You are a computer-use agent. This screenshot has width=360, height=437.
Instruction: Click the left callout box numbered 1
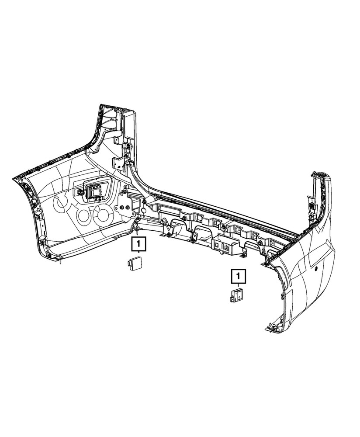[138, 244]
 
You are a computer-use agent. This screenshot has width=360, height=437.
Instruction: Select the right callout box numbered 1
[238, 277]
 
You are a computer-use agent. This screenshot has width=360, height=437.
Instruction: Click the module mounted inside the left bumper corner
[93, 192]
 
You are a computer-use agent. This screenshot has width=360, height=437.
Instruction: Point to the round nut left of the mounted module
[80, 193]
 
